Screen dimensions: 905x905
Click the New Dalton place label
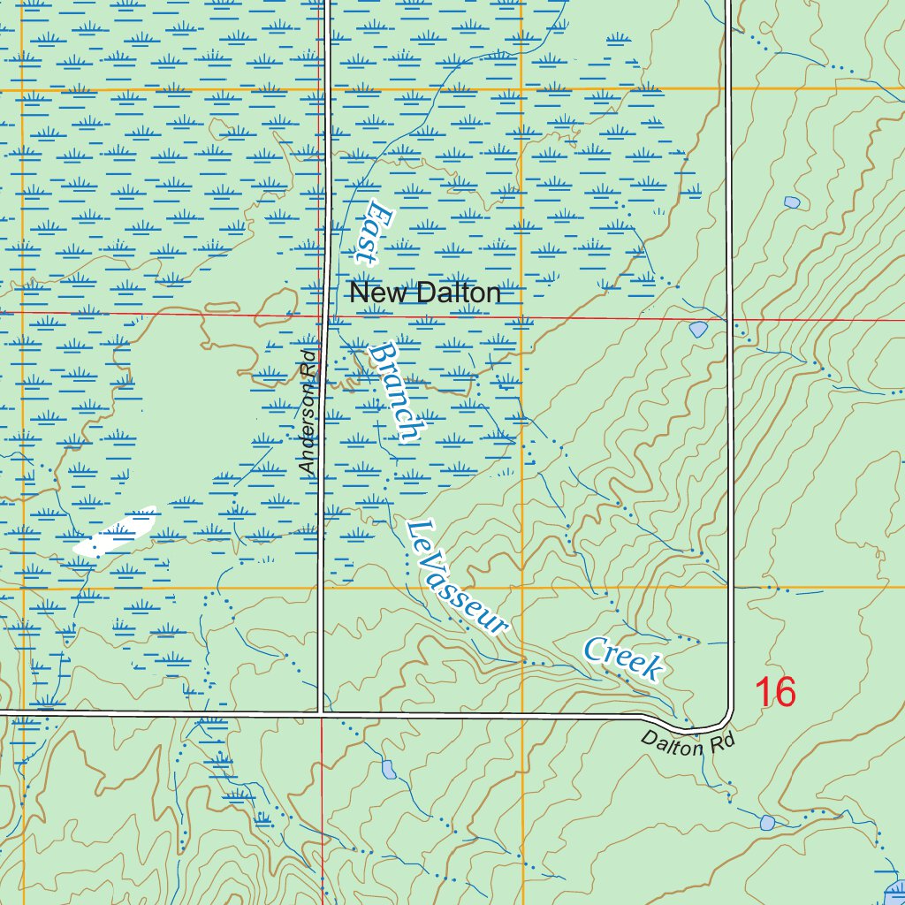coord(425,293)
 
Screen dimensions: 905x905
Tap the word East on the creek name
coord(369,232)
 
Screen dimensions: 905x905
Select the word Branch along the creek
coord(395,392)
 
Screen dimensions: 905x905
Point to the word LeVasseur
coord(457,577)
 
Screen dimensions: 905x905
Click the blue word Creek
coord(622,658)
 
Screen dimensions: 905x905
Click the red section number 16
coord(775,692)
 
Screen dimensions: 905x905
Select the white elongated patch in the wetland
coord(114,533)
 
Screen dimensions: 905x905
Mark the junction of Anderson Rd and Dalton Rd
coord(322,712)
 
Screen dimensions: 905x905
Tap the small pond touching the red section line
coord(698,330)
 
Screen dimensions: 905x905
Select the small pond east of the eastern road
coord(792,202)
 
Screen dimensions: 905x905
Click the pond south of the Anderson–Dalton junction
coord(389,769)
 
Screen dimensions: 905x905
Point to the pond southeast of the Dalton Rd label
coord(767,823)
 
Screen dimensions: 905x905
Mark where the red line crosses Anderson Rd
coord(325,315)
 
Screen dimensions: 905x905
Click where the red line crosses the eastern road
coord(730,320)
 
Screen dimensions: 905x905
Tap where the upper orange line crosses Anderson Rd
coord(325,89)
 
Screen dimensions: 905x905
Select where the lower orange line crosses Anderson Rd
coord(322,588)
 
